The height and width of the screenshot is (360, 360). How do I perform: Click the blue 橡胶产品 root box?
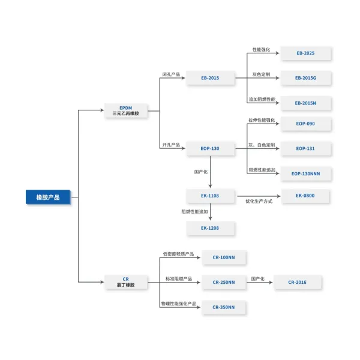coord(47,197)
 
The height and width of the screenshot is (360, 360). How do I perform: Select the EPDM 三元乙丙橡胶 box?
coord(125,110)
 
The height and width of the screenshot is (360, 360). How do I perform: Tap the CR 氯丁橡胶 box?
coord(125,282)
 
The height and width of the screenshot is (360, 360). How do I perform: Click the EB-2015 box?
coord(210,78)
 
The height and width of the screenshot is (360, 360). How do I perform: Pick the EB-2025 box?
coord(305,53)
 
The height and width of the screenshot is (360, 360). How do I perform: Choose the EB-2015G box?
coord(305,78)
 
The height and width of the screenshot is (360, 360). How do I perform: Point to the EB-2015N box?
coord(305,103)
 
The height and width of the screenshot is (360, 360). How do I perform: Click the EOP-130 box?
coord(210,148)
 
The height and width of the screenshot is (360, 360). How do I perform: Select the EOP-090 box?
coord(305,124)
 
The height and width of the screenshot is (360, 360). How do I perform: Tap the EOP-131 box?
coord(305,148)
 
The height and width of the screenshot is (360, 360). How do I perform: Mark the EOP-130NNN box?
coord(305,173)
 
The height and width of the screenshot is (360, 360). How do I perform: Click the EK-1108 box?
coord(210,196)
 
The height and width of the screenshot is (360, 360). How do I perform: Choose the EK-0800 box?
coord(305,196)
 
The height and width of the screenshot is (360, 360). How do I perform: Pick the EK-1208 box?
coord(210,228)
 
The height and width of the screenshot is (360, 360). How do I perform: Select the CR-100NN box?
coord(224,257)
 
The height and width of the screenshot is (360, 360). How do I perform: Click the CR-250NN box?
coord(224,282)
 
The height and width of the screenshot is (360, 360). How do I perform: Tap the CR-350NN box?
coord(224,307)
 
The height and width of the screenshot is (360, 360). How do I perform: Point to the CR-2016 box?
coord(297,282)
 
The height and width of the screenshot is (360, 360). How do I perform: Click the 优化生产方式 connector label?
coord(259,202)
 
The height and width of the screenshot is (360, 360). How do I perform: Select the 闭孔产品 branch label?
coord(171,74)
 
